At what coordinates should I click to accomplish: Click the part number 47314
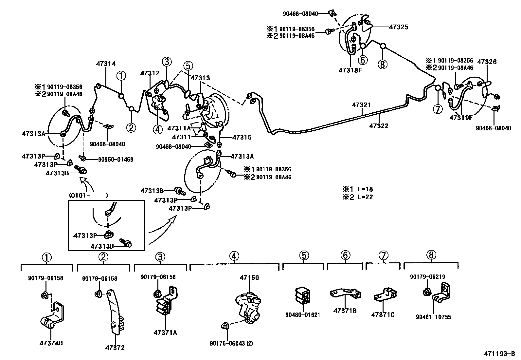coord(106,64)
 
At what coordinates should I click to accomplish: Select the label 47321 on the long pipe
coord(361,105)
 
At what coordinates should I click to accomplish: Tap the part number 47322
coord(379,126)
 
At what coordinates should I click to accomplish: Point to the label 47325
coord(399,27)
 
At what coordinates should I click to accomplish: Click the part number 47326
coord(487,62)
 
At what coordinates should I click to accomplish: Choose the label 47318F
coord(350,70)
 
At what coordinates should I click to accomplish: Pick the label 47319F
coord(461,118)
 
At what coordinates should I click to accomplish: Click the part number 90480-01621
coord(303,315)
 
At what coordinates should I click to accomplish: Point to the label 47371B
coord(345,311)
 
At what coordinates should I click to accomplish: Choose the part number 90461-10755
coord(433,317)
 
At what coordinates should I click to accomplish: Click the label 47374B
coord(51,343)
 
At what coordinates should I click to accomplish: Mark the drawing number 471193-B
coord(500,354)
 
